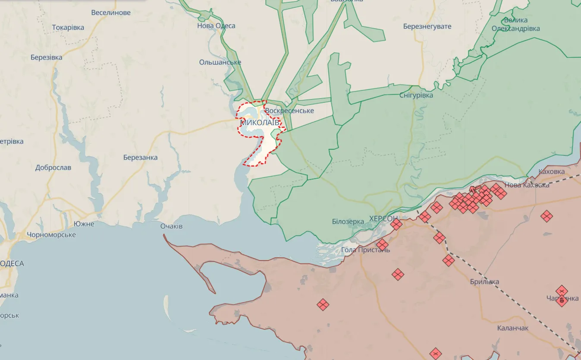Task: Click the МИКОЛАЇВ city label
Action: [x=260, y=123]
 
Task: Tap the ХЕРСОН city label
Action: [x=383, y=219]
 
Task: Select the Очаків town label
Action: [x=171, y=226]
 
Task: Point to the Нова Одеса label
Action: [x=216, y=26]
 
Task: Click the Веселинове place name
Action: [x=111, y=13]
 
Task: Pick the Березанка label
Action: [x=140, y=158]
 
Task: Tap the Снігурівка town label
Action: [x=416, y=95]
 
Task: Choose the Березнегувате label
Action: [x=427, y=26]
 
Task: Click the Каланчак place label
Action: [x=512, y=328]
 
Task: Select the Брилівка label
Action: [x=484, y=282]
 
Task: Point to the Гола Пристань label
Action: [x=365, y=249]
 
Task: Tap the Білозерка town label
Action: [x=348, y=221]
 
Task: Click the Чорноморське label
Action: [x=51, y=235]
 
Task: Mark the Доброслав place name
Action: [x=53, y=167]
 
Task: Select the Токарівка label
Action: [x=68, y=28]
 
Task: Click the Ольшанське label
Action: [x=220, y=62]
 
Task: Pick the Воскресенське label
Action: [x=289, y=111]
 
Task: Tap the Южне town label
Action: [x=84, y=224]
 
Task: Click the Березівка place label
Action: [x=46, y=57]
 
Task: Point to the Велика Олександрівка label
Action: [x=515, y=25]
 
